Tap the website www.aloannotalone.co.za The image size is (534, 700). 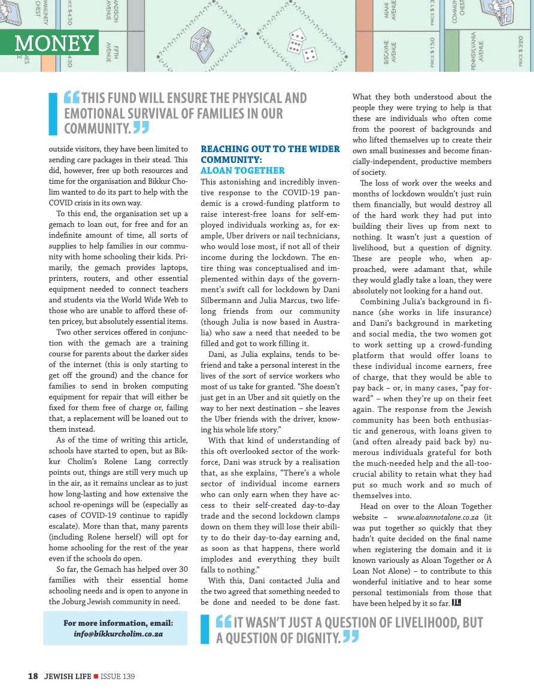click(437, 516)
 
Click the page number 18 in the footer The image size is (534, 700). click(33, 677)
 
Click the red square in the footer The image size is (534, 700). click(96, 677)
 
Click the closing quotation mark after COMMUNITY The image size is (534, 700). click(141, 128)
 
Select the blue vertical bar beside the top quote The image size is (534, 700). click(53, 114)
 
